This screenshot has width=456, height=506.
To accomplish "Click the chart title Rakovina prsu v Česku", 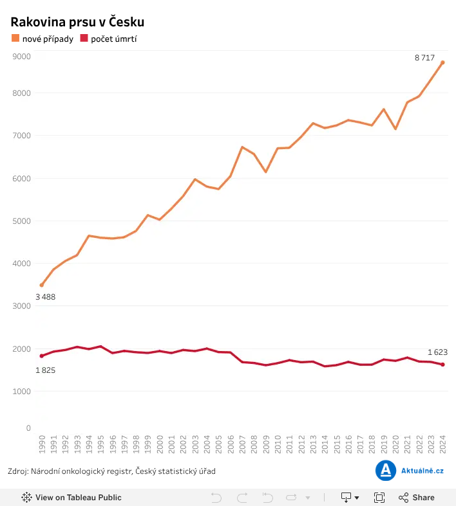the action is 77,22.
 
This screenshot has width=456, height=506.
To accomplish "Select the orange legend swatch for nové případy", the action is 15,38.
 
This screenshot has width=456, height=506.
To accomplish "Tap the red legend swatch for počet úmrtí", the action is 84,38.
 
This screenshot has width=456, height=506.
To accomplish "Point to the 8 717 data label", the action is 424,58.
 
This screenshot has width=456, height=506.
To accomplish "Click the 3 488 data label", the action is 45,297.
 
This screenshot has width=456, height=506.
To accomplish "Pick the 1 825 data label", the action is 45,370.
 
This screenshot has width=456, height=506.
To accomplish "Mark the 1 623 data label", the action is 437,352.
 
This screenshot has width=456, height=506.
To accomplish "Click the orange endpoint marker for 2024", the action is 442,62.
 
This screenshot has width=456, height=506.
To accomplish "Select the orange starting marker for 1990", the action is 42,285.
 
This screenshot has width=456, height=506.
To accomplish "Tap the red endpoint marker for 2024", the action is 442,365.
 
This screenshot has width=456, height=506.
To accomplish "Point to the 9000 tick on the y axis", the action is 22,57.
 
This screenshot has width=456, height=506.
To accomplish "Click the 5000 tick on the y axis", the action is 22,221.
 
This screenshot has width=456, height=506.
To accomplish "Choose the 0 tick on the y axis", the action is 28,428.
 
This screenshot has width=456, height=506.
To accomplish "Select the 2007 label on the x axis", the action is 242,444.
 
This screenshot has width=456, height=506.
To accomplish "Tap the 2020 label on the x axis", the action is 395,444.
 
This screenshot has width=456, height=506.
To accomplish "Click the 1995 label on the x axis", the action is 101,444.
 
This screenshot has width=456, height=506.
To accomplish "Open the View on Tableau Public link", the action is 71,497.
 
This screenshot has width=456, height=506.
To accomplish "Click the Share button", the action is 417,497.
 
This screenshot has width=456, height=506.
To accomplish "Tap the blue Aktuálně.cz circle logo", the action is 386,471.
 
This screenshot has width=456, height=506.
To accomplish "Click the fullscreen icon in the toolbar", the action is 379,497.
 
